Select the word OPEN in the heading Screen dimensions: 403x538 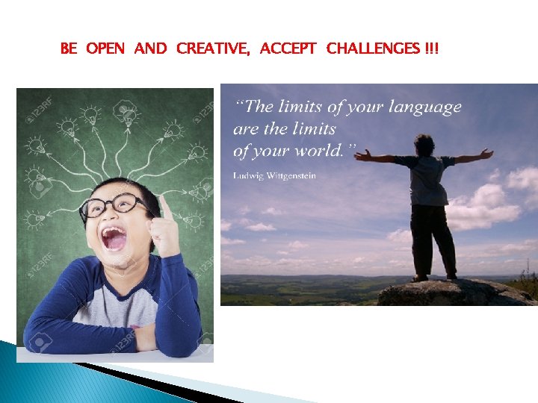point(106,49)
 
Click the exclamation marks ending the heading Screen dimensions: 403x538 point(432,49)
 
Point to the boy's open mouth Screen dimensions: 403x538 point(114,239)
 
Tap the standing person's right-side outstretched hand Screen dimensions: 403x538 point(486,154)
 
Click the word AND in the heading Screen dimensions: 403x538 point(151,49)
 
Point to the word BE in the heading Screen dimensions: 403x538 point(68,49)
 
